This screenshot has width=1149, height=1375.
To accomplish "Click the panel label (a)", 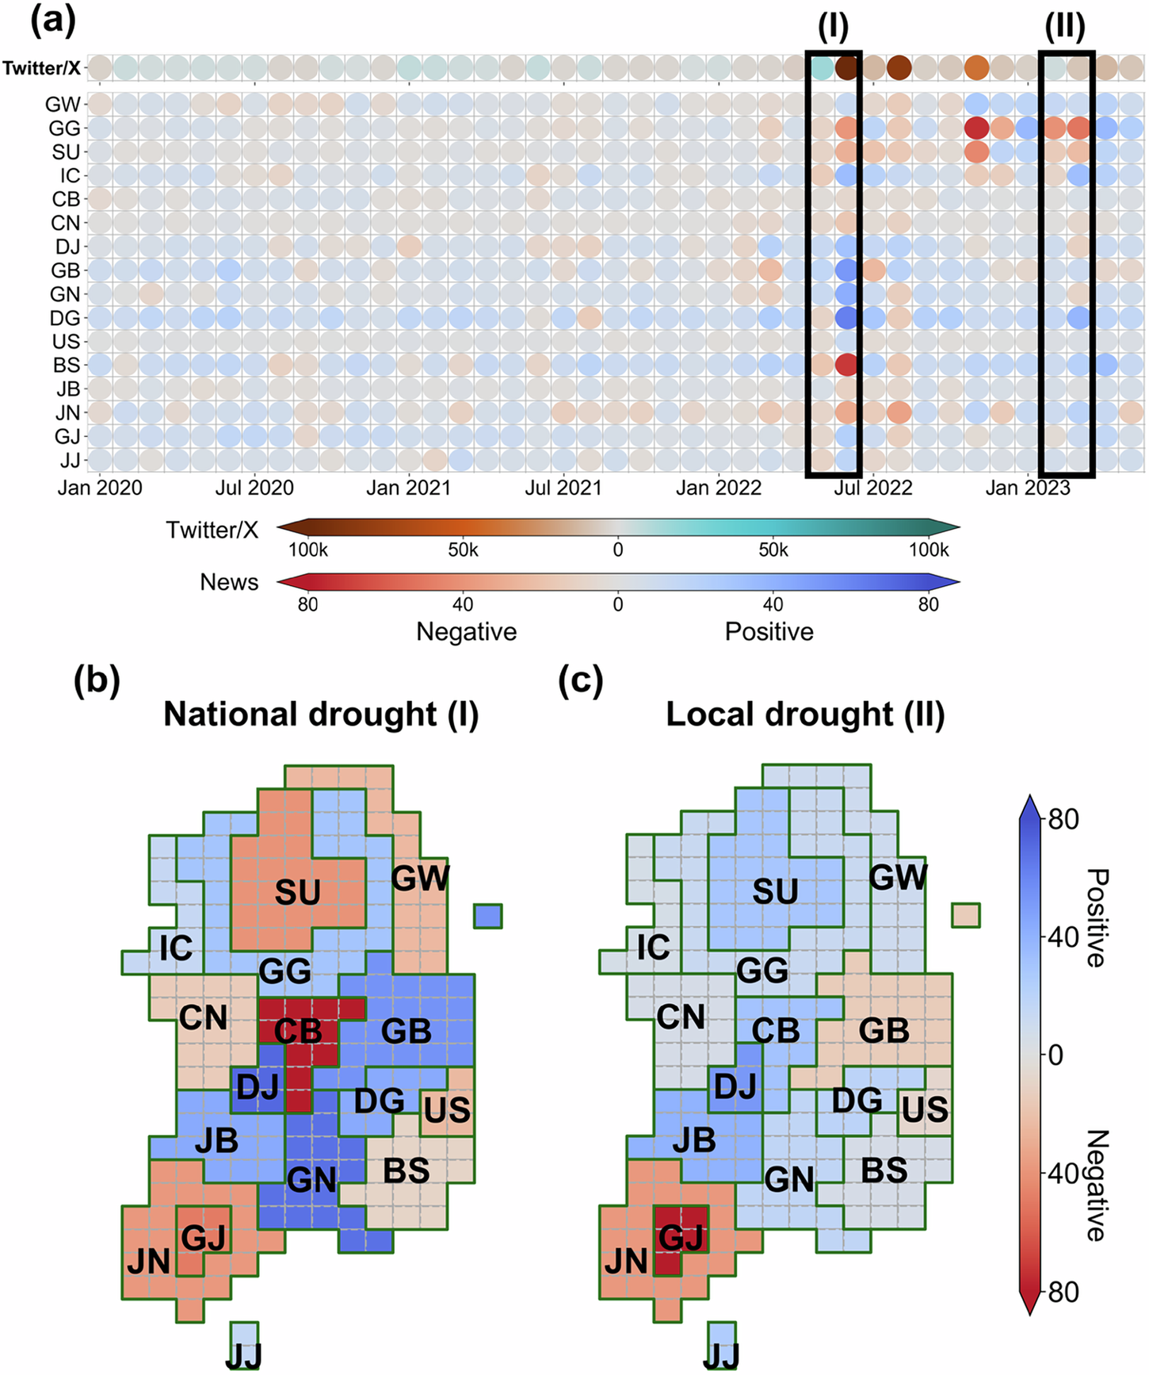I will (x=53, y=21).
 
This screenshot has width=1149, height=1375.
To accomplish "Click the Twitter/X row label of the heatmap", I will (x=41, y=68).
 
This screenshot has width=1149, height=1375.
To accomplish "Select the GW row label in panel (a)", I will (x=63, y=104).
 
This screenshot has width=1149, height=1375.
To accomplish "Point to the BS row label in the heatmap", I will (x=67, y=365).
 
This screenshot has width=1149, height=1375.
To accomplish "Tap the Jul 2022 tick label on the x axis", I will (x=872, y=488).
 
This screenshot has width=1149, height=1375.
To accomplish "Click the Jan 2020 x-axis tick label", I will (x=100, y=488).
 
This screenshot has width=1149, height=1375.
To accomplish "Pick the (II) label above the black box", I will (x=1064, y=28).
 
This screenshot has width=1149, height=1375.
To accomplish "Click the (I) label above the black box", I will (x=833, y=28).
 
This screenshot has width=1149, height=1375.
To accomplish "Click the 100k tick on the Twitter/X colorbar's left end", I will (x=307, y=550).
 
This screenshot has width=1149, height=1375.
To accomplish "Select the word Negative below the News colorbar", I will (x=466, y=632).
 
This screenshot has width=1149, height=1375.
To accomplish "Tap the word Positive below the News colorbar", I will (x=769, y=632).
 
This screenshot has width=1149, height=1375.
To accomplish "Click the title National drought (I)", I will (x=321, y=714).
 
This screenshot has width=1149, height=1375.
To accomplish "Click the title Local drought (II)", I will (x=805, y=714).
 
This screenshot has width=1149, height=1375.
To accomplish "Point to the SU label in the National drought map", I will (x=297, y=893).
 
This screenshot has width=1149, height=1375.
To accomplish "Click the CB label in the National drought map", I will (x=298, y=1032).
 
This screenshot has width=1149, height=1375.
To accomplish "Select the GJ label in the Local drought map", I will (x=681, y=1237).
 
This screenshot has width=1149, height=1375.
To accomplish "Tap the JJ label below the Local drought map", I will (x=721, y=1358).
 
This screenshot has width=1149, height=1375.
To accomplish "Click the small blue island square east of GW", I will (x=488, y=917).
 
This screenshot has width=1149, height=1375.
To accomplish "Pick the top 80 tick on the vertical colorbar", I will (x=1063, y=819).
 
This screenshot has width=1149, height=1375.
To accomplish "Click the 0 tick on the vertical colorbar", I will (x=1055, y=1055).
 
